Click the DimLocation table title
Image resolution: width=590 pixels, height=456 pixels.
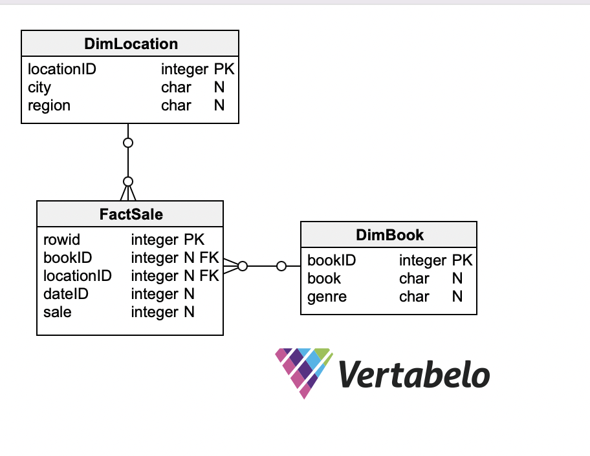tap(131, 44)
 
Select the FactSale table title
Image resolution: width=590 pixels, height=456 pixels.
tap(131, 214)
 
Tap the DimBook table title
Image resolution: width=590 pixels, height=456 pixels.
tap(389, 234)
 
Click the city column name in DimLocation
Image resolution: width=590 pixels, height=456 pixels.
tap(39, 87)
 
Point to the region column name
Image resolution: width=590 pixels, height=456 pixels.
tap(49, 105)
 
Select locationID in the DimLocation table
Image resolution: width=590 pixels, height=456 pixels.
tap(62, 69)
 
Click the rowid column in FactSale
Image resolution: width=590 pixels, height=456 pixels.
tap(61, 240)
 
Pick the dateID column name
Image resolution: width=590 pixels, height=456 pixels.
tap(65, 294)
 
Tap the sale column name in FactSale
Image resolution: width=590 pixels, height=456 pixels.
tap(58, 312)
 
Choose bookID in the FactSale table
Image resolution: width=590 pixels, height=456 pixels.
tap(68, 258)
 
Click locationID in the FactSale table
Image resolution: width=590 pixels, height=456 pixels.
tap(78, 276)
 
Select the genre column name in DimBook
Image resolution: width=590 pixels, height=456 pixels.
tap(327, 296)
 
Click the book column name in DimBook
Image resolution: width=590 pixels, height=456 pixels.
tap(324, 278)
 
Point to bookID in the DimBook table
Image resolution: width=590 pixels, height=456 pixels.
tap(332, 260)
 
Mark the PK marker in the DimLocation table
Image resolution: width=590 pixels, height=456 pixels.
tap(224, 69)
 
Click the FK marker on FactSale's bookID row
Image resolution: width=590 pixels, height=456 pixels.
tap(209, 258)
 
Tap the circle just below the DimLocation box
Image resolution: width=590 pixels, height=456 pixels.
tap(128, 142)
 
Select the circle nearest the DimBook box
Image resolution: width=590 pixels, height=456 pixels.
tap(281, 265)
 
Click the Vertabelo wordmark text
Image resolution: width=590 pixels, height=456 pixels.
tap(414, 373)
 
